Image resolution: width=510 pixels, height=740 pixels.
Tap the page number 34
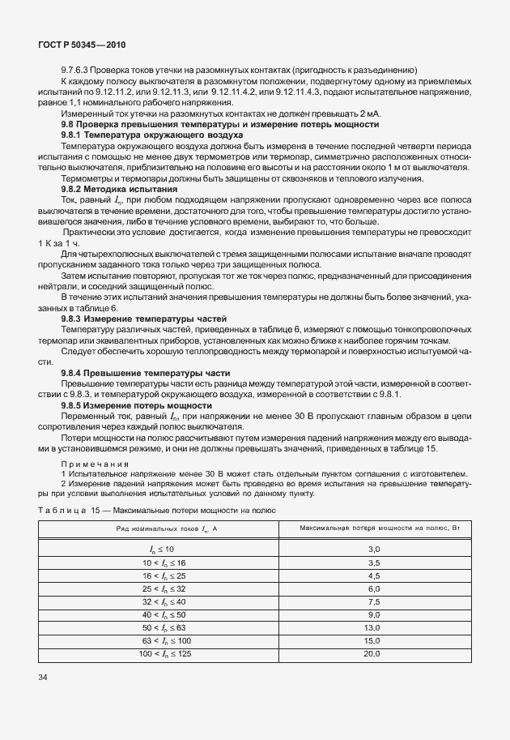click(44, 677)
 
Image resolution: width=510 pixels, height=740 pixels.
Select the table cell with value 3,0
click(374, 550)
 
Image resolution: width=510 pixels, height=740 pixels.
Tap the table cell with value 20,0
click(374, 652)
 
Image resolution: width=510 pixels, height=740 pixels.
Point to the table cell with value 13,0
click(374, 627)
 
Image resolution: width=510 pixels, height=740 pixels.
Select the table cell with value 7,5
click(374, 601)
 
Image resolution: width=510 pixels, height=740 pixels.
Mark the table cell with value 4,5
click(374, 575)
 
